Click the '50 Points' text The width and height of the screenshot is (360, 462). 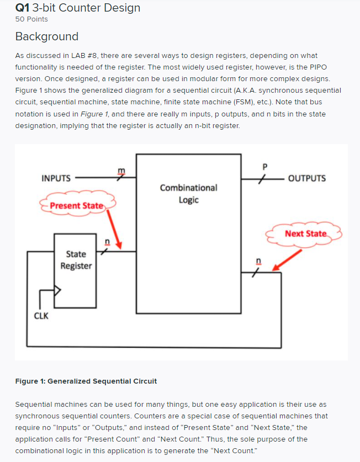[31, 19]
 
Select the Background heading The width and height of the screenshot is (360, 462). [47, 37]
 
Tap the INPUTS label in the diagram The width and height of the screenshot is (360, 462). [56, 178]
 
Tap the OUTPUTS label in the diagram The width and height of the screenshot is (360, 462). [307, 178]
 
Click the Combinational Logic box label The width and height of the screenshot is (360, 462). [188, 194]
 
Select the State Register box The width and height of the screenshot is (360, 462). [76, 260]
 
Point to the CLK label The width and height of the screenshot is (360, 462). [41, 316]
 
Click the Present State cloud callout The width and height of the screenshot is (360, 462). [77, 206]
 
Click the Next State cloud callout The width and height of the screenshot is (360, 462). [305, 233]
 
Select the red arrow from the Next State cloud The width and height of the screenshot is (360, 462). [288, 260]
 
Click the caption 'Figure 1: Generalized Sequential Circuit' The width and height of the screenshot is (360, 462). [86, 381]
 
